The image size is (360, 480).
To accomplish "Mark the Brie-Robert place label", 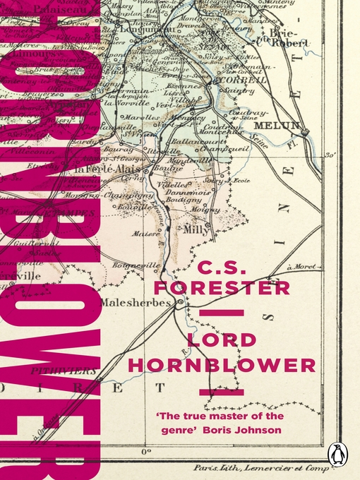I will [x=289, y=37].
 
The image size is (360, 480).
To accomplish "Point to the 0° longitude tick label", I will [x=147, y=450].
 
